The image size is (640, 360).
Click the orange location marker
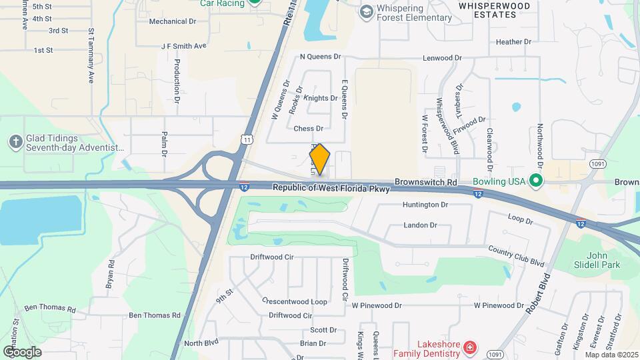[x=320, y=159]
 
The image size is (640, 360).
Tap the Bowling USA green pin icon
[x=535, y=181]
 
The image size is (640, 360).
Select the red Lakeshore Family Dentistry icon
[x=470, y=347]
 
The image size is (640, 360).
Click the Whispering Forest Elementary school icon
[x=365, y=12]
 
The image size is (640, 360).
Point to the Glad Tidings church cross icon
[x=15, y=141]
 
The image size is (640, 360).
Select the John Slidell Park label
[x=603, y=260]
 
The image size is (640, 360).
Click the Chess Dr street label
[x=307, y=129]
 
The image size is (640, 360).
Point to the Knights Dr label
[x=320, y=98]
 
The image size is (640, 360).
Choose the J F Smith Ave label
[x=184, y=47]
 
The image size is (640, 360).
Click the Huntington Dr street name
[x=430, y=205]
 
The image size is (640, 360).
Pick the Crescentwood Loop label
[x=294, y=301]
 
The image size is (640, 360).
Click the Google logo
[x=22, y=351]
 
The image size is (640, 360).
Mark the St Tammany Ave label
[x=91, y=56]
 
